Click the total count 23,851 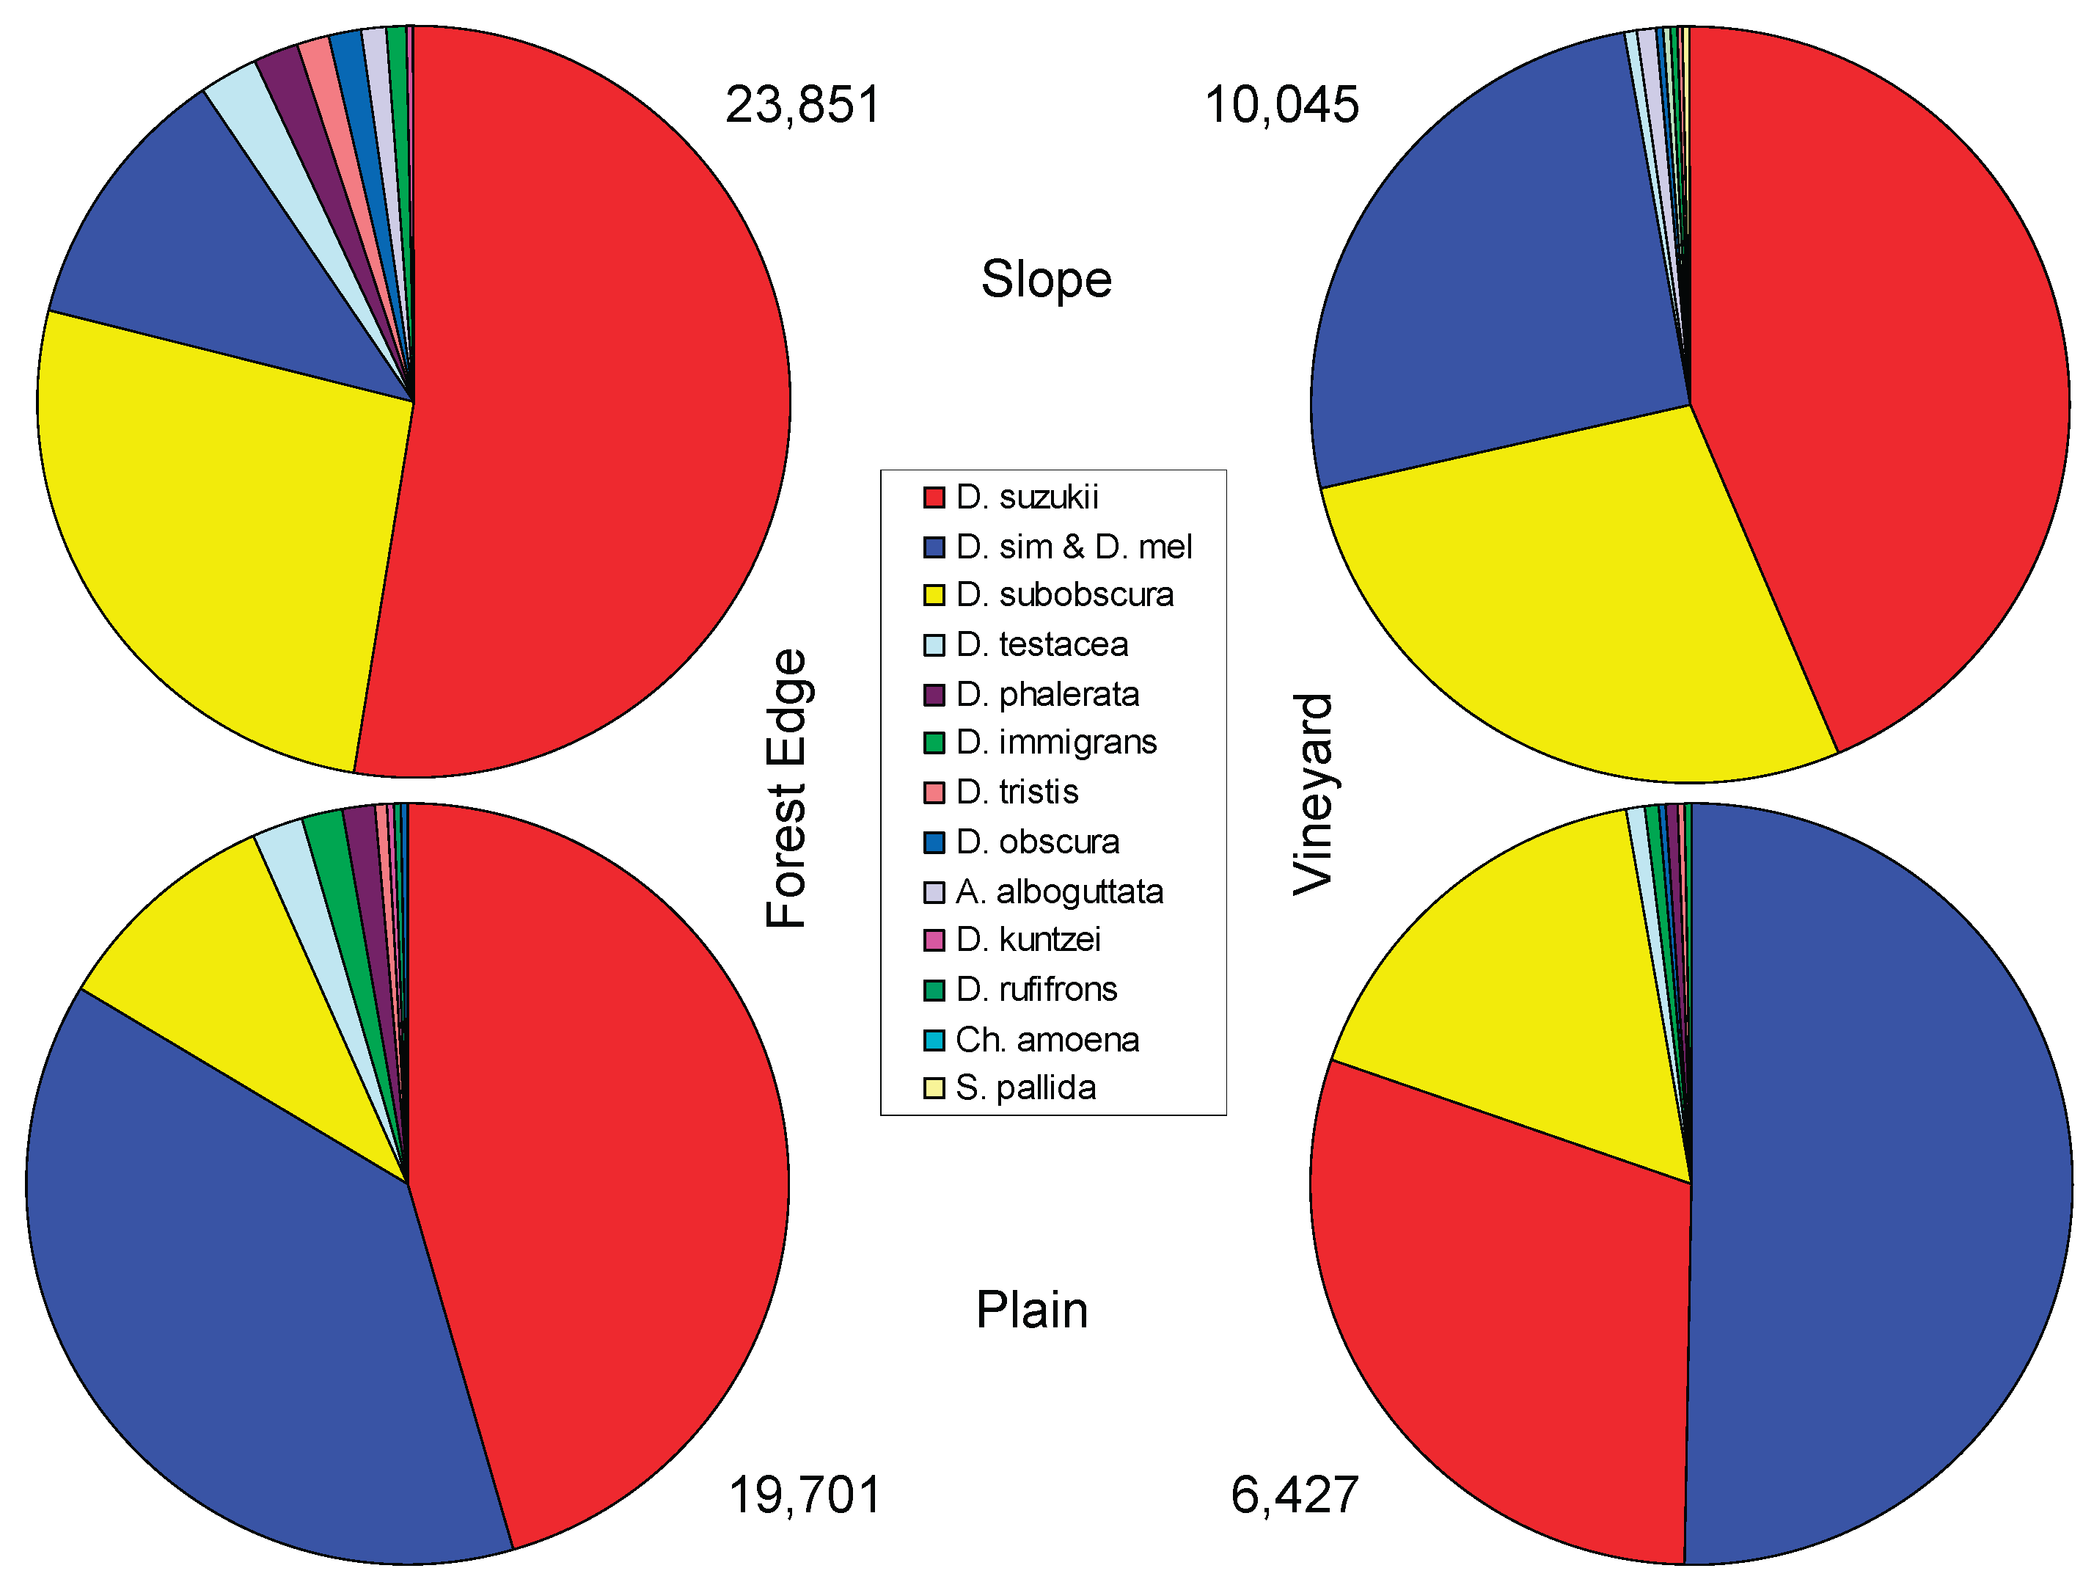[803, 104]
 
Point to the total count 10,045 [1281, 104]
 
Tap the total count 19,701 [804, 1495]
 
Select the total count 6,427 [1294, 1495]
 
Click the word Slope [1046, 280]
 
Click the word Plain [1031, 1311]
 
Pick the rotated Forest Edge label [787, 788]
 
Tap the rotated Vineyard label [1314, 794]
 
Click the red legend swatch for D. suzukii [934, 497]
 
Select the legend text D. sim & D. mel [1073, 547]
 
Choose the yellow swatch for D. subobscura [934, 596]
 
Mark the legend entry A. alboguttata [1059, 892]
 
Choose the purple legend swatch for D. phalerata [934, 695]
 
